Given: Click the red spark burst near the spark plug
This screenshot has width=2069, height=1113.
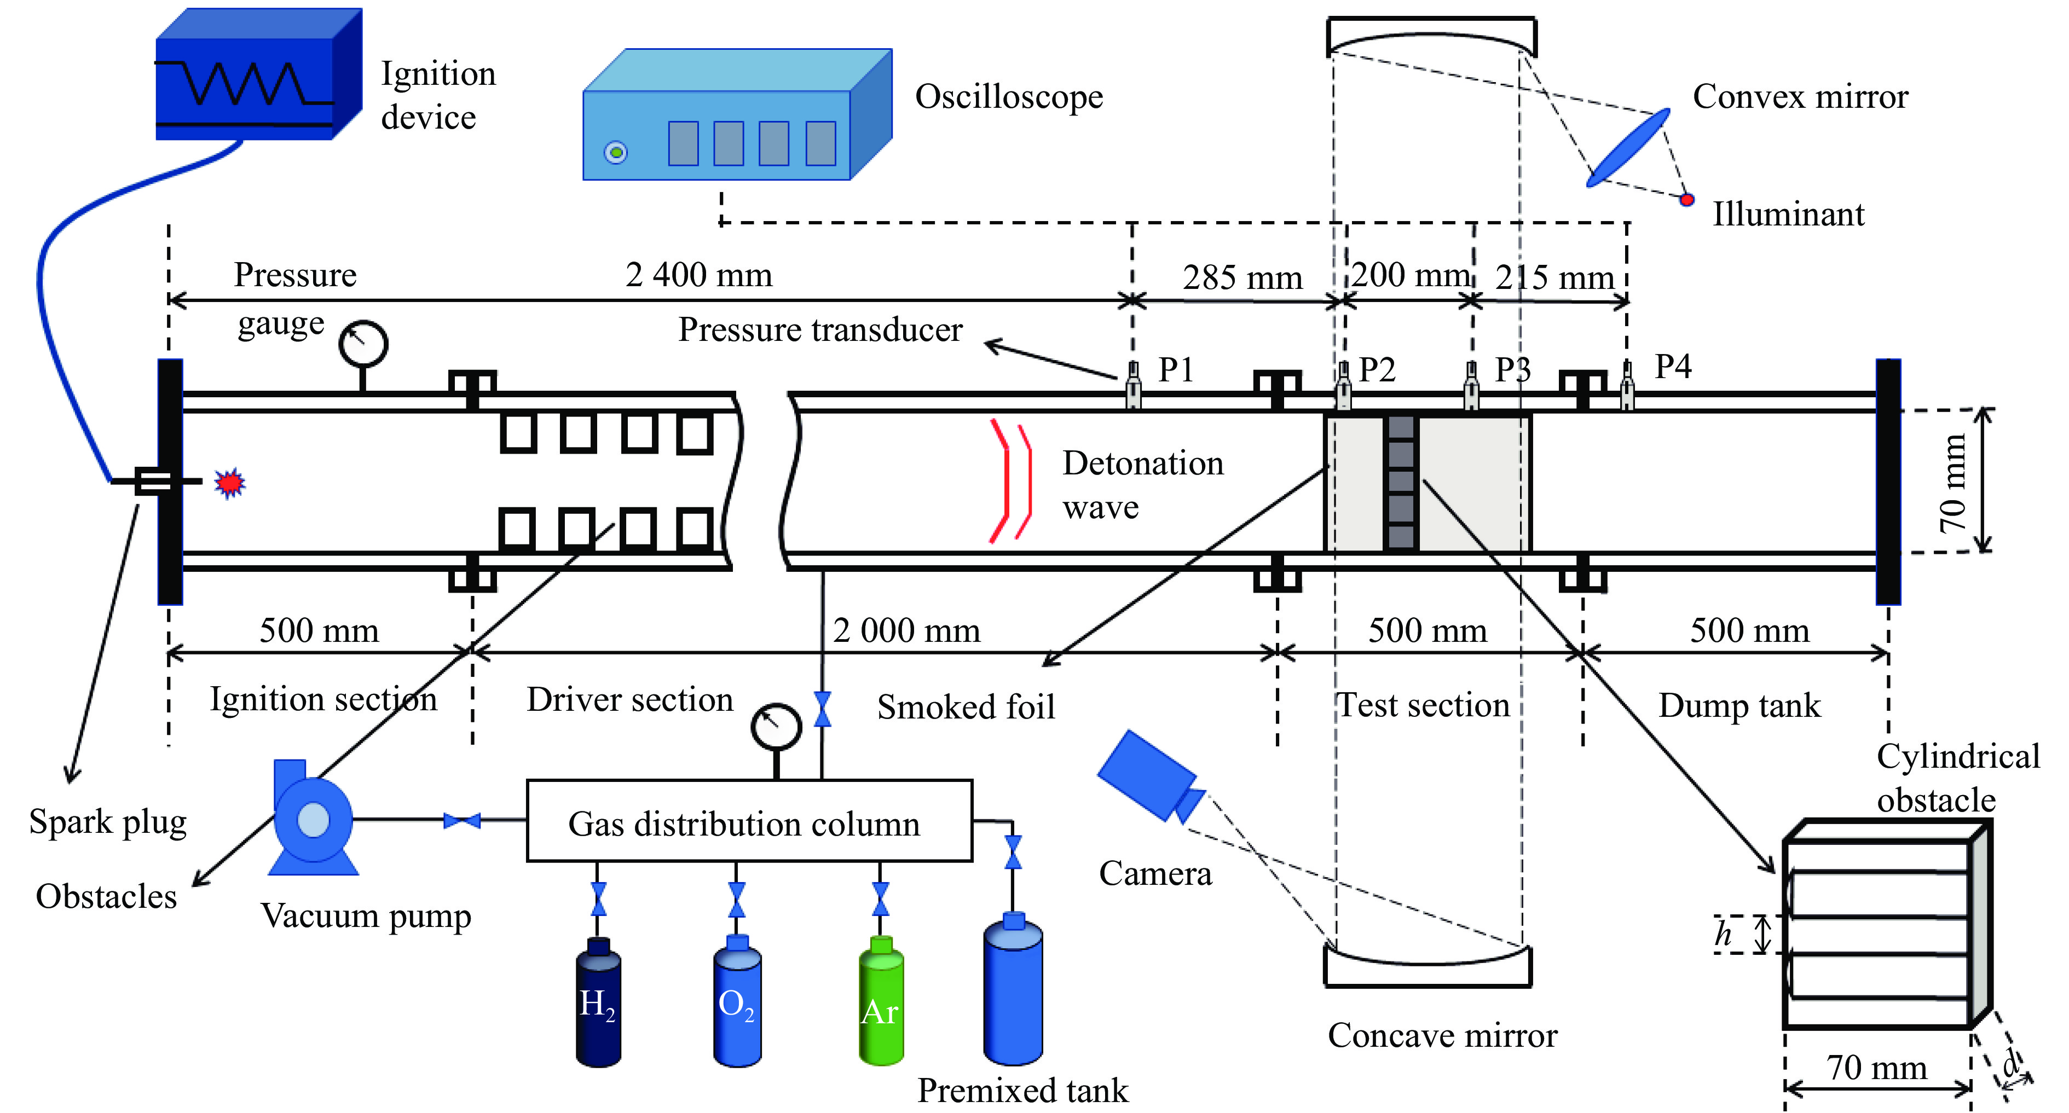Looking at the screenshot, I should click(x=230, y=483).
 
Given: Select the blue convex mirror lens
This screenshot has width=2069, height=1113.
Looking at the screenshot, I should click(x=1628, y=148).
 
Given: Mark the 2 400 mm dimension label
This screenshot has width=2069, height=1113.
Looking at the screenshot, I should click(x=699, y=275).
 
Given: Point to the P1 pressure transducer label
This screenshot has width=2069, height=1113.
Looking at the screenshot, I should click(x=1176, y=369).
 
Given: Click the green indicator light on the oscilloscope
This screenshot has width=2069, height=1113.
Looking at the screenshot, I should click(x=616, y=152).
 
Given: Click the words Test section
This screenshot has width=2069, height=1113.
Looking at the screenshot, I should click(x=1423, y=705).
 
